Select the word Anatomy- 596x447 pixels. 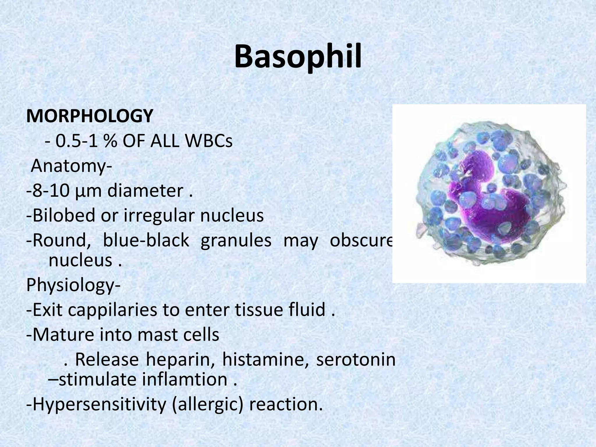tap(71, 166)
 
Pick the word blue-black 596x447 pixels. tap(146, 241)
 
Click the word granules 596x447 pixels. tap(236, 241)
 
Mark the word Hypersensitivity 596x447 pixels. tap(99, 405)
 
